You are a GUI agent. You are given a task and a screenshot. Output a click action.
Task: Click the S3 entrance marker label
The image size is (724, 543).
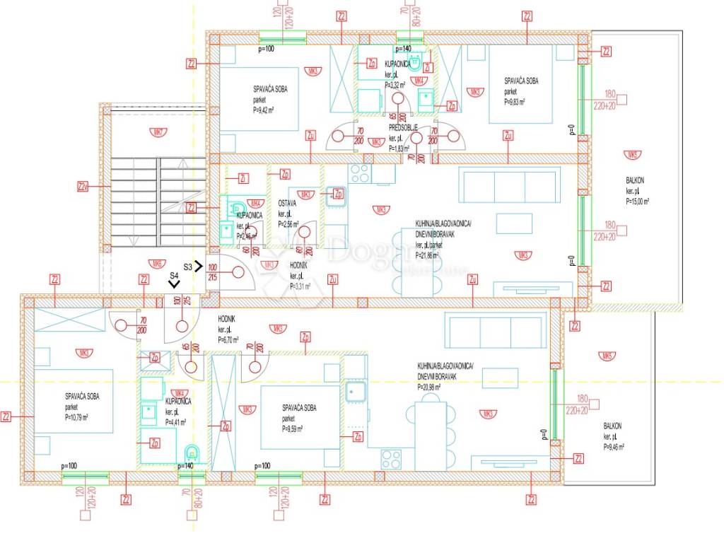(187, 267)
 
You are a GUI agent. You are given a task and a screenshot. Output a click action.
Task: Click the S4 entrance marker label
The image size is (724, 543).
(174, 276)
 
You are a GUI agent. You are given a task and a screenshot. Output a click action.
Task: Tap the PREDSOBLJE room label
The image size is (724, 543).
(403, 128)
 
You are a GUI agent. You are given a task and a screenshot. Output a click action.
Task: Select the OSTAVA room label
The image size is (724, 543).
(287, 203)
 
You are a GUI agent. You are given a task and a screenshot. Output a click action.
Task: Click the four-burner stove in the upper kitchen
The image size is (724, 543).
(360, 173)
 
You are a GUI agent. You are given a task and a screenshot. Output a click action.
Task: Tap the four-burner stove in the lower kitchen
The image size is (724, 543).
(391, 460)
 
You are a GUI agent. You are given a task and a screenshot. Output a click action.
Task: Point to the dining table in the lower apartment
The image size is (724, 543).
(431, 431)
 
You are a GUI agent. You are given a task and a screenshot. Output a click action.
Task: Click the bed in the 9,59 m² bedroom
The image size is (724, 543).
(300, 417)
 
